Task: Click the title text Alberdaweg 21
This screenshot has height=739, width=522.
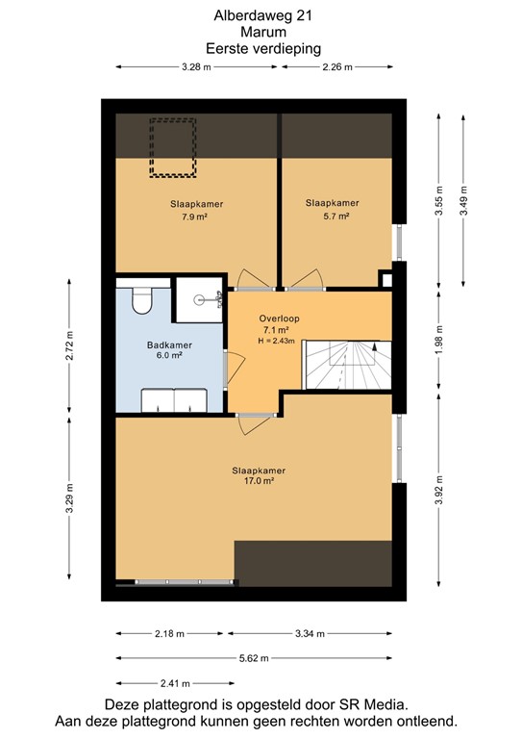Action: pos(261,15)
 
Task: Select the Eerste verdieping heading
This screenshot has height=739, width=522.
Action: pos(262,47)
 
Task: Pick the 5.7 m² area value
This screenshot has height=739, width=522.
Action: pos(333,217)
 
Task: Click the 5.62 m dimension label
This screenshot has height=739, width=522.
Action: pos(254,658)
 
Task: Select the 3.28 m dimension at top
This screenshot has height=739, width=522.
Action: pos(197,66)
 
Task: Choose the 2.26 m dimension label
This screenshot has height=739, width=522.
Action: pos(336,66)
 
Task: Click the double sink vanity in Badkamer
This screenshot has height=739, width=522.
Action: pos(173,398)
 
